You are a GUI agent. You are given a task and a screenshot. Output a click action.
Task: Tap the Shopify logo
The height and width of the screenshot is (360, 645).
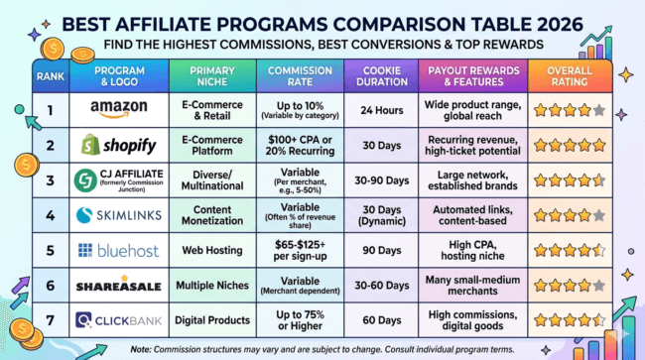[x=119, y=146]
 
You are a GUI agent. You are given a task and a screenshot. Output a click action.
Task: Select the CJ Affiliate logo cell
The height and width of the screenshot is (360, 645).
[x=119, y=180]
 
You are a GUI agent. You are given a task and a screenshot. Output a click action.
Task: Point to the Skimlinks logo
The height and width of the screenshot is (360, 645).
[x=119, y=215]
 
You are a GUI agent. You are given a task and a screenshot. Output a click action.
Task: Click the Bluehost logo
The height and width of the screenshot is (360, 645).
[x=119, y=250]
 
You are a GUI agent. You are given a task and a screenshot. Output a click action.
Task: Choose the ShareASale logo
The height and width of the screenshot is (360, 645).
[x=119, y=285]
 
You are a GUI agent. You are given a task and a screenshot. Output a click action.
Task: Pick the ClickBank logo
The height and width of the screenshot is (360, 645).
[x=119, y=319]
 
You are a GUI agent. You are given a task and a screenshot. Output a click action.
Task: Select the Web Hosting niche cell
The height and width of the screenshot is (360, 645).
[x=210, y=250]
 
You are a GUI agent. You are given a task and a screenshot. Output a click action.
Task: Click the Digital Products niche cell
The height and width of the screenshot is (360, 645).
[x=210, y=319]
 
